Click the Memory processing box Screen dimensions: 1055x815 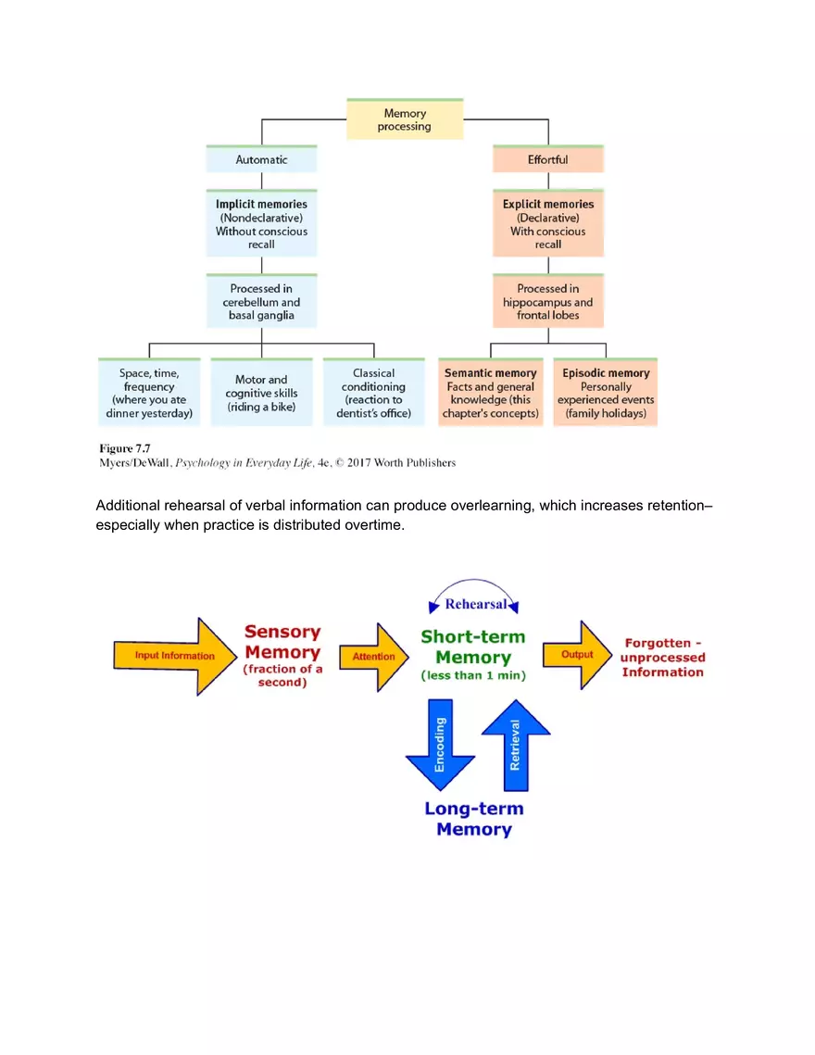[405, 119]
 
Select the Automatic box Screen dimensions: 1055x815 [261, 159]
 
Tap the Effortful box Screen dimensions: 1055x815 [548, 159]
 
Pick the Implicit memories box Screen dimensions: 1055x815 [261, 223]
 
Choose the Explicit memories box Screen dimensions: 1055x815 [548, 223]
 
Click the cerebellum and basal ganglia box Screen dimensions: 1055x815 [261, 301]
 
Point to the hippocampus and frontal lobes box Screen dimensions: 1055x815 [548, 301]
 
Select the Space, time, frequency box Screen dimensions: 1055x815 [149, 393]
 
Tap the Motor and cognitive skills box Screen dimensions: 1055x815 [261, 393]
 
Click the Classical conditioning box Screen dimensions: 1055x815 [373, 393]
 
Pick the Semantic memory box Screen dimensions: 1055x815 [491, 393]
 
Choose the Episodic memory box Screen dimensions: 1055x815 [606, 393]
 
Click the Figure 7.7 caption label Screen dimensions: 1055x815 [119, 448]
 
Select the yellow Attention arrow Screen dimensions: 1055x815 [373, 657]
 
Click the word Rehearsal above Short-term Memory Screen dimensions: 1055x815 [475, 604]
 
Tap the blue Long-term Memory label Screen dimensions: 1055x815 [473, 819]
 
